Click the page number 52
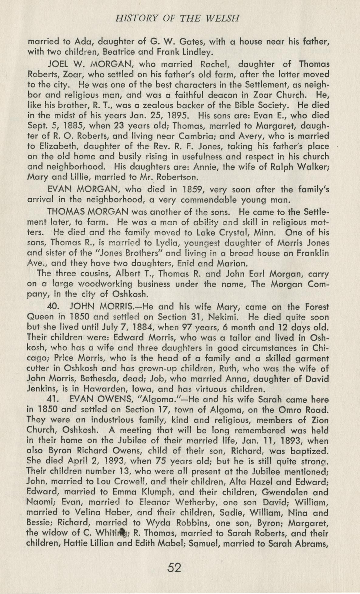click(x=174, y=567)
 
